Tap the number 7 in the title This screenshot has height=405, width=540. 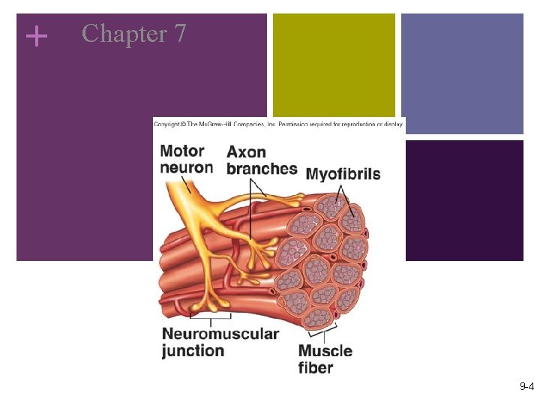click(178, 34)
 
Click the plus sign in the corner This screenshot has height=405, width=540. click(35, 35)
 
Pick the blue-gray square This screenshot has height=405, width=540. click(461, 73)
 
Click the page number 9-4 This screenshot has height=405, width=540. click(526, 387)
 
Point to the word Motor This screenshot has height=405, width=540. click(182, 151)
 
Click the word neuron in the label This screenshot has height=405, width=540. click(187, 167)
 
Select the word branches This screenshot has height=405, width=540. click(262, 168)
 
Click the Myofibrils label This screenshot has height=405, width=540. click(343, 174)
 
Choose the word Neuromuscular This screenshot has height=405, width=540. click(220, 334)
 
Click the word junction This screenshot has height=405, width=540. click(193, 350)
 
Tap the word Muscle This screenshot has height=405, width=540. click(325, 351)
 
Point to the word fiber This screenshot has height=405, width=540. click(316, 367)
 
